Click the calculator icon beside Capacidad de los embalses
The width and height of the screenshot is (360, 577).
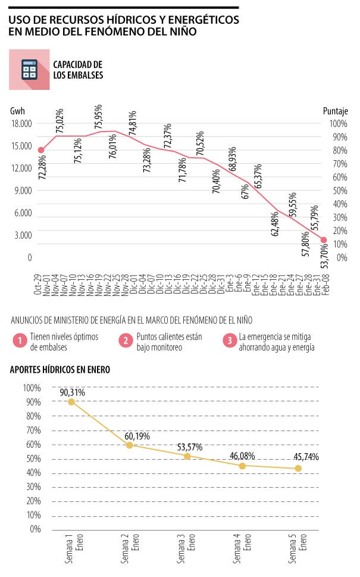tap(29, 70)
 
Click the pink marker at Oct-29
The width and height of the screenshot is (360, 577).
tap(40, 150)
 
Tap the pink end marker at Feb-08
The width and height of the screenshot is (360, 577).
tap(324, 240)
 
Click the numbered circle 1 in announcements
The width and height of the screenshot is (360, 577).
tap(20, 341)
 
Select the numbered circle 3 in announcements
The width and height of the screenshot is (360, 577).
tap(229, 341)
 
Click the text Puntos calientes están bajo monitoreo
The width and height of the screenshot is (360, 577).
tap(168, 341)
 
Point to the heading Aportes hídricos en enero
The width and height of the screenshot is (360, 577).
tap(60, 369)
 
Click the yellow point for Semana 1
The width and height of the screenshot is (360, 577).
tap(71, 402)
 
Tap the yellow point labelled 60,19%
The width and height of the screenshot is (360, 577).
tap(129, 445)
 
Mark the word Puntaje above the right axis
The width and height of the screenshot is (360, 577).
tap(335, 111)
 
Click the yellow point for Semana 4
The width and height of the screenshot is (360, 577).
tap(242, 466)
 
